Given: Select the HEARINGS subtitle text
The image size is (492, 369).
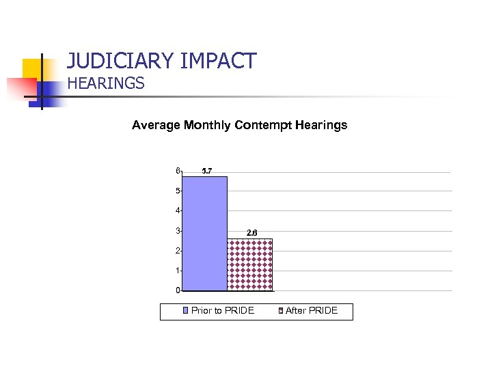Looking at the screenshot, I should click(106, 83).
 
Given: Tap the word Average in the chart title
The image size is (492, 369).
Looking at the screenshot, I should click(156, 125).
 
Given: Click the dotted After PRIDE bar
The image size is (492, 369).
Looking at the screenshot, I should click(250, 264).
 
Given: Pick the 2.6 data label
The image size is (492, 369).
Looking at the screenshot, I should click(251, 232).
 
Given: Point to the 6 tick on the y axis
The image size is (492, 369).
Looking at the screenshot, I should click(177, 171).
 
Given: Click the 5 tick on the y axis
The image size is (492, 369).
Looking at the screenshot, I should click(177, 191).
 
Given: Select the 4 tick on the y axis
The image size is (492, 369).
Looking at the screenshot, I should click(177, 211).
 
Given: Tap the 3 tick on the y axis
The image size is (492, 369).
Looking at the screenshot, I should click(177, 231).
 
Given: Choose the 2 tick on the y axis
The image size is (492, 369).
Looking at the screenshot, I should click(177, 251).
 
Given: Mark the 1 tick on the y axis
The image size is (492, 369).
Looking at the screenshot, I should click(177, 271).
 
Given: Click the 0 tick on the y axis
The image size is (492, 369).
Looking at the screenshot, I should click(177, 290).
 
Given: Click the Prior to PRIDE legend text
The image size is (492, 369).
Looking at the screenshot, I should click(223, 311).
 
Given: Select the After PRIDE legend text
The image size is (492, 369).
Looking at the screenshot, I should click(312, 311).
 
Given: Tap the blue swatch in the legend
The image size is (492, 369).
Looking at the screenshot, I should click(186, 312).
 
